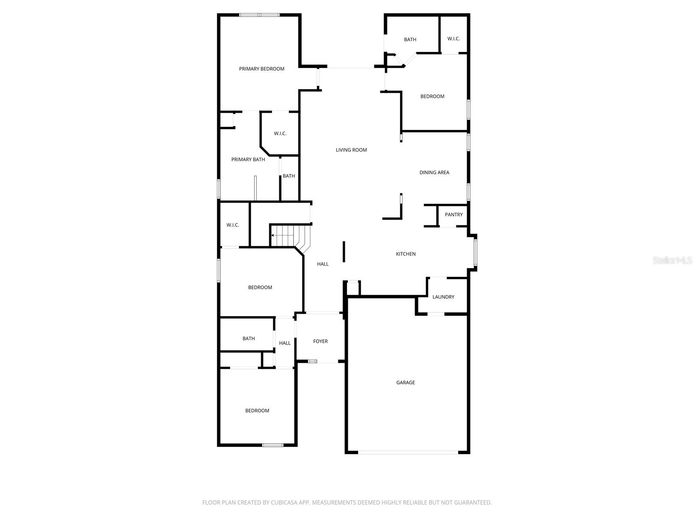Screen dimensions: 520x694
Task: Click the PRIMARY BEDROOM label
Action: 262,69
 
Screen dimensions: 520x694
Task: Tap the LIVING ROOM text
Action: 351,150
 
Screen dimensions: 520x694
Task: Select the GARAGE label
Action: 405,383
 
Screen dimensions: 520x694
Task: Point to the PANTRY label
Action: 454,214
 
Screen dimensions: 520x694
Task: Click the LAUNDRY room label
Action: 443,297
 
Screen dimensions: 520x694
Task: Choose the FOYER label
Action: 320,341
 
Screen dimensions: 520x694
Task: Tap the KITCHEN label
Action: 406,254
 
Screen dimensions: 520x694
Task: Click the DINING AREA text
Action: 434,172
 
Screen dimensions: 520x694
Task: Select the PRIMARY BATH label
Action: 248,159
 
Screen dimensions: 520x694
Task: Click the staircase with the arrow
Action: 286,236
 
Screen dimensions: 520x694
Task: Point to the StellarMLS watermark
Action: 672,260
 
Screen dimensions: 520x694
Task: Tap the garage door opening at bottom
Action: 408,452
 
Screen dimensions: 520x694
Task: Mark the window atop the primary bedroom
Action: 259,15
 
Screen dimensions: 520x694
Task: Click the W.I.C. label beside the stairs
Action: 232,225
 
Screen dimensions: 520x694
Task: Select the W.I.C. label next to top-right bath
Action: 453,39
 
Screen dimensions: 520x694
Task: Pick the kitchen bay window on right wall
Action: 475,253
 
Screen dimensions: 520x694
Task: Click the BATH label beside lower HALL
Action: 249,338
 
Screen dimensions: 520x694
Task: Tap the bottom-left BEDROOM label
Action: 257,411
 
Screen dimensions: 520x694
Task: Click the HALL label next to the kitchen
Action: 322,264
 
